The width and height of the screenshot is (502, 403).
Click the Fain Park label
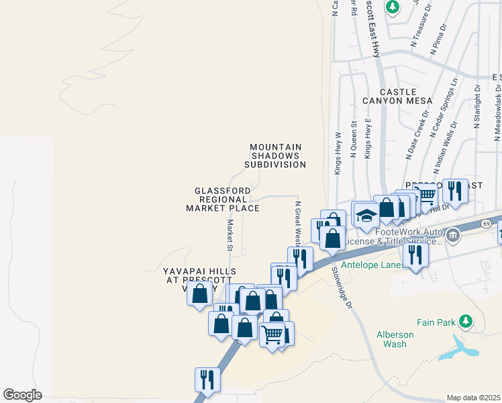pos(436,322)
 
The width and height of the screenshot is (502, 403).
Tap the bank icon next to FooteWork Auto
pos(453,235)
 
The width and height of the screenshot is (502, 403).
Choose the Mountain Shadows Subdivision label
pos(275,155)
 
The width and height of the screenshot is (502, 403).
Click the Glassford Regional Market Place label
pos(223,199)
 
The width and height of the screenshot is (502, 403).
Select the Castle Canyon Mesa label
pos(397,96)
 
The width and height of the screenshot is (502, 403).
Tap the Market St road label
pos(230,235)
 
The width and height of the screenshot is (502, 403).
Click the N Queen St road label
pos(353,138)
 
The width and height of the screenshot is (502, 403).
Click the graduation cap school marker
pos(366,216)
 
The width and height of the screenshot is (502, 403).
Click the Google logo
pos(22,395)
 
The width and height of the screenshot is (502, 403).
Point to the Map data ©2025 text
pos(473,398)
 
